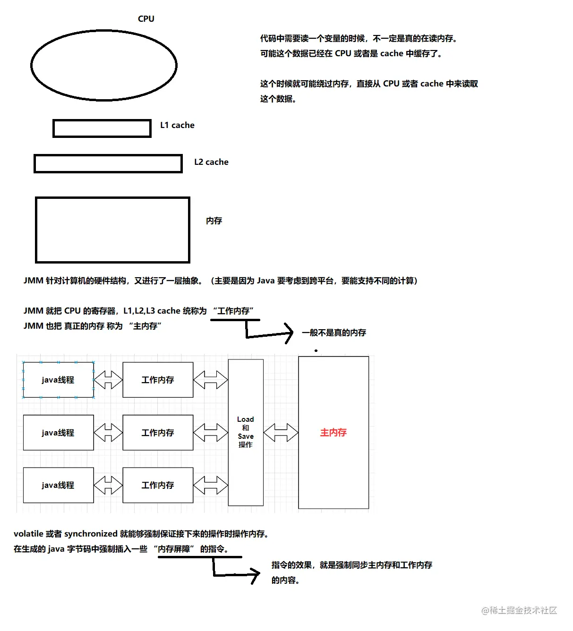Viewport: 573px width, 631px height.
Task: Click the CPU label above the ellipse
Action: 146,19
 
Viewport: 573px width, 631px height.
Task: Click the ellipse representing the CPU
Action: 104,65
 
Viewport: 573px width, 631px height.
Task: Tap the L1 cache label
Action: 177,125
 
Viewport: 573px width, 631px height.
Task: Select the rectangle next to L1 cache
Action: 102,128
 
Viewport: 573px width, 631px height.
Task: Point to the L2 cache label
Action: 211,162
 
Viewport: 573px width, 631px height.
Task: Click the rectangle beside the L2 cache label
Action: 108,163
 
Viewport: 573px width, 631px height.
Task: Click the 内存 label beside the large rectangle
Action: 214,221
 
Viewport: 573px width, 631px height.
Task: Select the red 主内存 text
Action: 334,433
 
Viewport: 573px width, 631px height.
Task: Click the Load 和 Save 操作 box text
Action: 246,432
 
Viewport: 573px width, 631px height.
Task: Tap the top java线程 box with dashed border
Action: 58,380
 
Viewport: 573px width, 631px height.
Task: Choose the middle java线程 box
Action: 58,433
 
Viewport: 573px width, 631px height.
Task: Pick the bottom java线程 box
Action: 58,485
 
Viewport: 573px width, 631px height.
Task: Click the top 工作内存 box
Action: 158,380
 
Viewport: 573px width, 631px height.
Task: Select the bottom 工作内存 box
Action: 158,485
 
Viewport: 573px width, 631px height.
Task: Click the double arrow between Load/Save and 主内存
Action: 281,433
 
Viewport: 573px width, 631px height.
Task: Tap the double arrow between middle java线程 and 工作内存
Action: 108,433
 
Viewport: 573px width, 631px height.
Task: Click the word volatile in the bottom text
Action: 28,534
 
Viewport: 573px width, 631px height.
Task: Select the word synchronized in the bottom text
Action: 91,534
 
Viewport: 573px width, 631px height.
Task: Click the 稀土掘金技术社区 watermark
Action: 520,610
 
